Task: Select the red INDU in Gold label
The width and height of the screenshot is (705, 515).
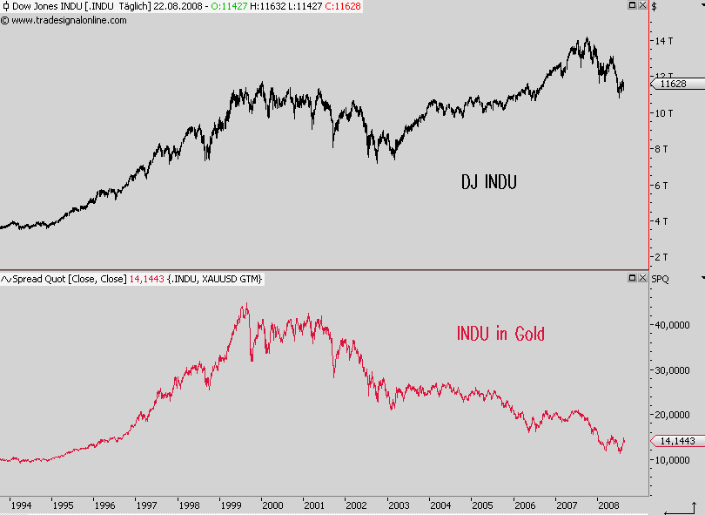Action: click(500, 333)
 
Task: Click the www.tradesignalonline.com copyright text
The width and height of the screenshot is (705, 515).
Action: click(69, 20)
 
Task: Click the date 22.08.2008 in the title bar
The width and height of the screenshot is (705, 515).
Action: click(178, 7)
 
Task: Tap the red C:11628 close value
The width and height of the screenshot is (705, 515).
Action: click(340, 7)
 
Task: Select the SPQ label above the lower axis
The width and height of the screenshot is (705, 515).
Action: click(661, 279)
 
